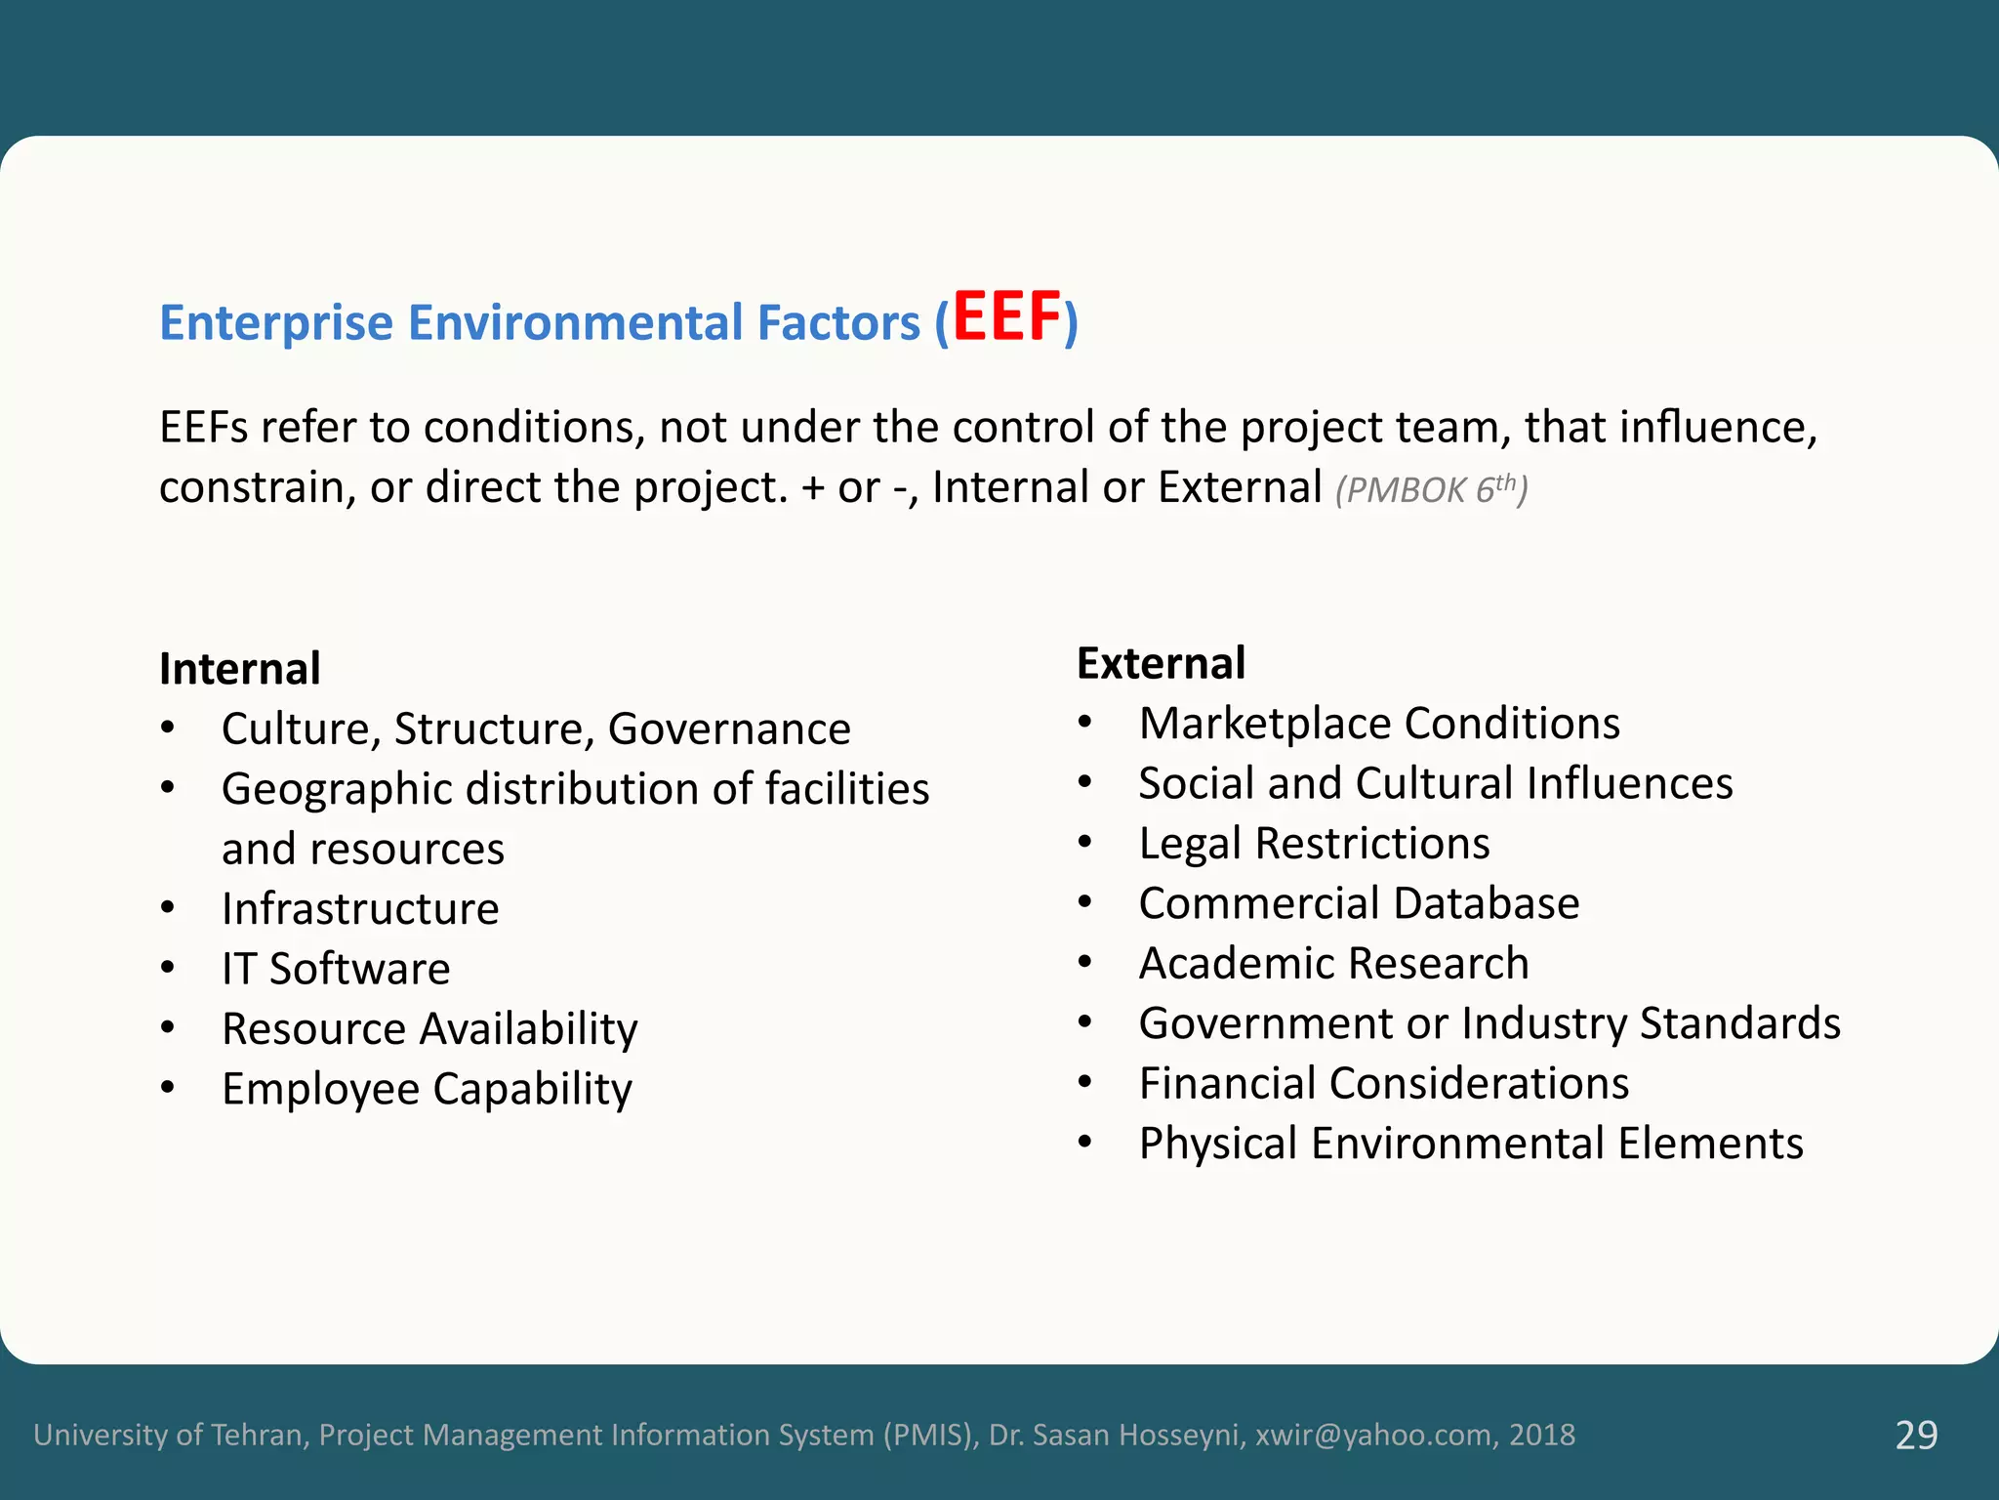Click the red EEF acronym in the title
pyautogui.click(x=1006, y=317)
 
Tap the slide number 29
pyautogui.click(x=1916, y=1435)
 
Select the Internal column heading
pyautogui.click(x=240, y=669)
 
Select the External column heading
pyautogui.click(x=1161, y=663)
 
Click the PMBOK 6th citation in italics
pyautogui.click(x=1431, y=488)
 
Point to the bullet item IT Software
pyautogui.click(x=336, y=969)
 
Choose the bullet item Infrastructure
pyautogui.click(x=360, y=909)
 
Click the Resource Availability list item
pyautogui.click(x=429, y=1029)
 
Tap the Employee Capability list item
pyautogui.click(x=427, y=1089)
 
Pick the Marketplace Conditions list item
pyautogui.click(x=1379, y=724)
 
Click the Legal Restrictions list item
pyautogui.click(x=1314, y=844)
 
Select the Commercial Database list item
pyautogui.click(x=1359, y=903)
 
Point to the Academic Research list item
pyautogui.click(x=1333, y=964)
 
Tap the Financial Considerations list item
pyautogui.click(x=1383, y=1084)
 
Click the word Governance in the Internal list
pyautogui.click(x=729, y=729)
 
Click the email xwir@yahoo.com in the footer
pyautogui.click(x=1374, y=1435)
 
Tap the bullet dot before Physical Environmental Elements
pyautogui.click(x=1084, y=1142)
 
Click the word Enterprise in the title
pyautogui.click(x=276, y=323)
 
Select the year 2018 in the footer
pyautogui.click(x=1542, y=1435)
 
